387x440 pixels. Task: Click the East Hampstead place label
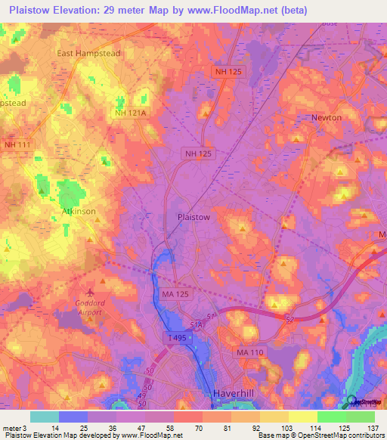tap(89, 54)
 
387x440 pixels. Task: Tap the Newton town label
tap(327, 118)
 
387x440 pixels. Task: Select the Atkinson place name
tap(79, 211)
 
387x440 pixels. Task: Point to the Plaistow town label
tap(193, 216)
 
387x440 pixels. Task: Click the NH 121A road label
tap(130, 113)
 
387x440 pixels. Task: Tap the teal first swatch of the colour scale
tap(45, 417)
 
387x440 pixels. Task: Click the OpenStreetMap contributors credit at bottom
tap(338, 435)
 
